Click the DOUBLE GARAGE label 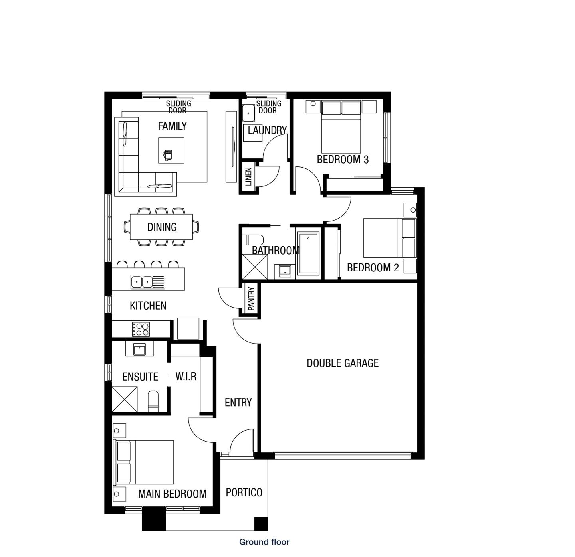[x=342, y=363]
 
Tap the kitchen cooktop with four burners [x=141, y=329]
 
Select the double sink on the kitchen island [x=142, y=282]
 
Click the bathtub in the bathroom [x=308, y=254]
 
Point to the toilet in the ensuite [x=153, y=401]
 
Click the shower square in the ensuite [x=124, y=399]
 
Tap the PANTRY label [x=251, y=299]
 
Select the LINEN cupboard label [x=248, y=177]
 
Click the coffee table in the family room [x=171, y=150]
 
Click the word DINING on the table [x=162, y=227]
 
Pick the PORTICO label [x=244, y=492]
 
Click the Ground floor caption [x=264, y=542]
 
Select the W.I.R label [x=186, y=377]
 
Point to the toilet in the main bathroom [x=253, y=240]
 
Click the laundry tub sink [x=248, y=113]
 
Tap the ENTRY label [x=238, y=403]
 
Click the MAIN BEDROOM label [x=172, y=494]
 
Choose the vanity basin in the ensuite [x=139, y=349]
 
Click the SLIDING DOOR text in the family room [x=178, y=107]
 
